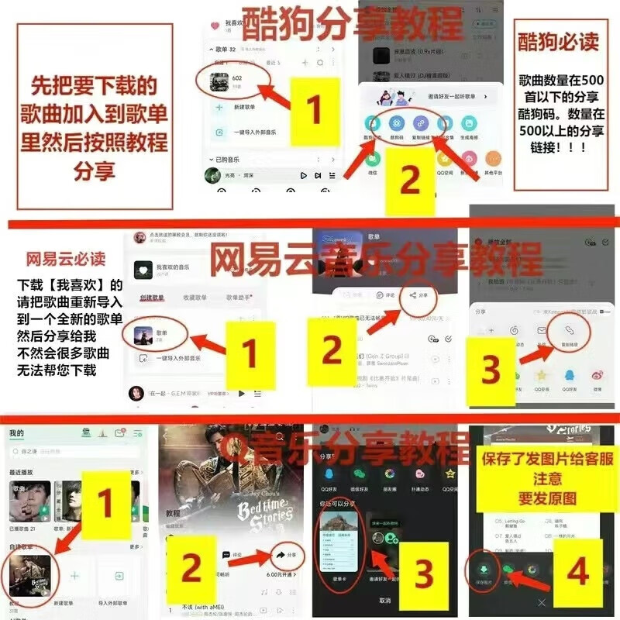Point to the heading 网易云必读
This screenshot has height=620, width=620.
(x=66, y=258)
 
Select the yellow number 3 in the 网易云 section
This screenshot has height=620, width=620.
(x=491, y=370)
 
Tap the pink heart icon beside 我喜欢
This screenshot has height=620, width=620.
(x=215, y=26)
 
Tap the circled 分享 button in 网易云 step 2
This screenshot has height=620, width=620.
(x=418, y=295)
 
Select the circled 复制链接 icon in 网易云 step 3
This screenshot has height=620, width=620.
(x=568, y=331)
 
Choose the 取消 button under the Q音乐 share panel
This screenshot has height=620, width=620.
(x=385, y=601)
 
